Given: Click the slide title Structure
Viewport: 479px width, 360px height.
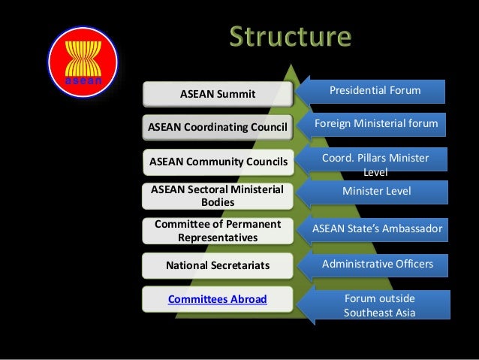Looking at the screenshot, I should [290, 37].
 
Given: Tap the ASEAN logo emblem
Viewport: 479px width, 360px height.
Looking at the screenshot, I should [79, 57].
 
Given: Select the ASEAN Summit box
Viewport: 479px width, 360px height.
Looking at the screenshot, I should [218, 94].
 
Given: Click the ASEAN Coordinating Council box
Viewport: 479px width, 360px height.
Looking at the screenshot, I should [218, 127].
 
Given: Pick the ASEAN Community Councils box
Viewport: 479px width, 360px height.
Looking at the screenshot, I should [218, 160].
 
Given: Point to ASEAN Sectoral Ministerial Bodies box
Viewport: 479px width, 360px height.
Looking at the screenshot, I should [218, 195].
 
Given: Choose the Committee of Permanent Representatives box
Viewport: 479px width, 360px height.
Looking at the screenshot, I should [218, 231].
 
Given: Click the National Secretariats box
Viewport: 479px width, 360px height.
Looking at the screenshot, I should [218, 265].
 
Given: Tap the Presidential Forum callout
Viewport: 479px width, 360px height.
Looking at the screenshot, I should [375, 91].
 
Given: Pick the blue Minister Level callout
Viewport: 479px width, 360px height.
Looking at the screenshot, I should [375, 191].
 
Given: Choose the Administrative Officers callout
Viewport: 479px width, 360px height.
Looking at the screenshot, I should [375, 264].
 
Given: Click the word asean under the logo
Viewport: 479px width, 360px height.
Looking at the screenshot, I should [79, 78].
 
